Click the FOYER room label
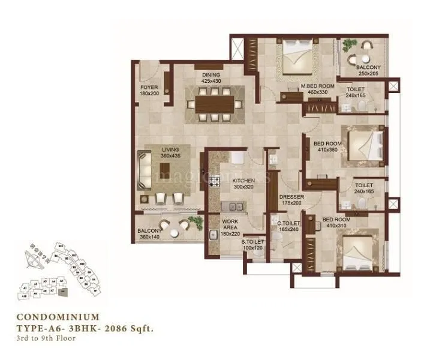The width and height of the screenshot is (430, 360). pyautogui.click(x=149, y=91)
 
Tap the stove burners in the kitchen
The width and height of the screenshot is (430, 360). pyautogui.click(x=213, y=178)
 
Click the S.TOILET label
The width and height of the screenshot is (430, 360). pyautogui.click(x=252, y=244)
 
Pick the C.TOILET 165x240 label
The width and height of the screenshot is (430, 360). pyautogui.click(x=288, y=226)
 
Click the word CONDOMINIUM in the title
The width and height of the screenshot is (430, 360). pyautogui.click(x=58, y=316)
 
